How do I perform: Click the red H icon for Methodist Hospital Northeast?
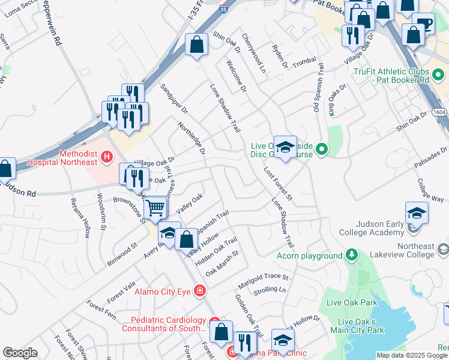click(107, 158)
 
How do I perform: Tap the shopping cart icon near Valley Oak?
click(156, 208)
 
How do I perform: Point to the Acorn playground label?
click(309, 256)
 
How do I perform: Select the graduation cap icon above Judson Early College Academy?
click(417, 212)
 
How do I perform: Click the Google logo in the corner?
click(20, 353)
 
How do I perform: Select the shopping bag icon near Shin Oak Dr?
click(196, 44)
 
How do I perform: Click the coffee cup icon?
click(424, 24)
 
